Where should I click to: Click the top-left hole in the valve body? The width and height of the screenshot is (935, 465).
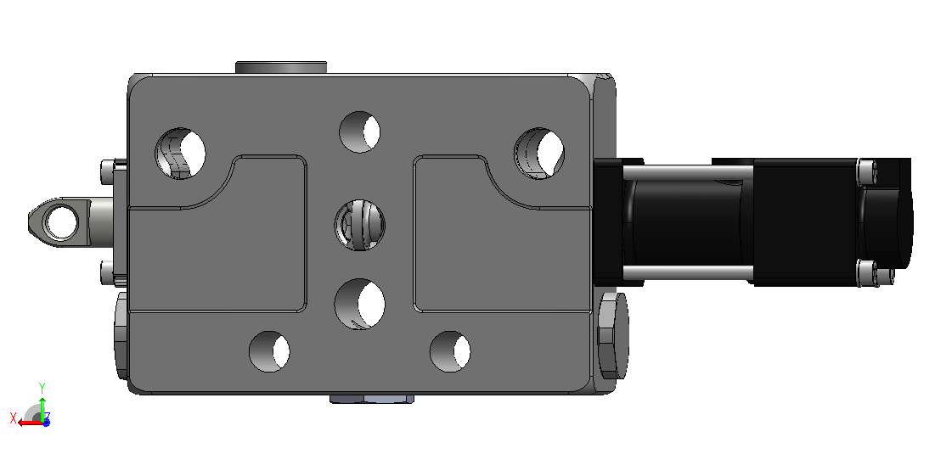tap(180, 154)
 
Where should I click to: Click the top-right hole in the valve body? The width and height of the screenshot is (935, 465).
tap(539, 154)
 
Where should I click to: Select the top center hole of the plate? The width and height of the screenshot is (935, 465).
tap(359, 132)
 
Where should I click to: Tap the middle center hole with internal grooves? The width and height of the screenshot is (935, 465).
tap(359, 226)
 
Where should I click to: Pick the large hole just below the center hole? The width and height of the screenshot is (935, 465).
tap(359, 304)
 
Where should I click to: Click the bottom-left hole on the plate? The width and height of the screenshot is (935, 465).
tap(269, 351)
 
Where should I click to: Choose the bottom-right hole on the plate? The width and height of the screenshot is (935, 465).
tap(450, 351)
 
